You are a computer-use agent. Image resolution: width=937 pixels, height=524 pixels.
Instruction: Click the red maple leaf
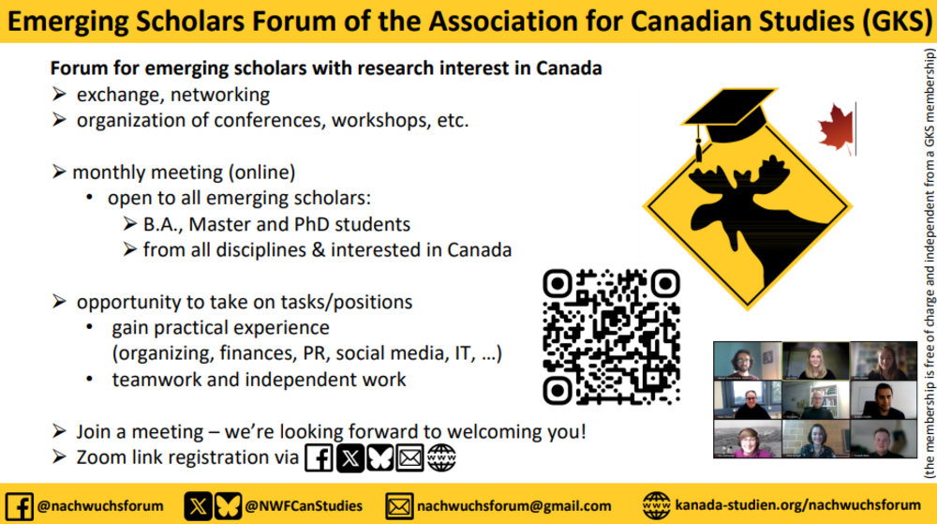coord(836,128)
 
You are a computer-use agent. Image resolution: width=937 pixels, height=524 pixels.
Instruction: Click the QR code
coord(611,337)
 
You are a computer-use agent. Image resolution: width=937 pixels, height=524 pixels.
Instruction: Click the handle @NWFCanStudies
coord(304,506)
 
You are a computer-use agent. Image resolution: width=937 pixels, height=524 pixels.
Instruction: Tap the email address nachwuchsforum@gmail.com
coord(513,506)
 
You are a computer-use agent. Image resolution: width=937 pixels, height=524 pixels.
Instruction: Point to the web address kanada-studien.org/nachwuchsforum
coord(797,505)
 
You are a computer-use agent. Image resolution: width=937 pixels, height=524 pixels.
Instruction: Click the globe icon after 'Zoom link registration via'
coord(441,458)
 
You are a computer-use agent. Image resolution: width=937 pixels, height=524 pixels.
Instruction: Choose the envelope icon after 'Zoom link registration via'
coord(410,458)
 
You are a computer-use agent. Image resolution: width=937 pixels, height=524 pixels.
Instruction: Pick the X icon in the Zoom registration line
coord(350,458)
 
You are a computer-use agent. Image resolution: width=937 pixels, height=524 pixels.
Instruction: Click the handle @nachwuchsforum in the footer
coord(100,506)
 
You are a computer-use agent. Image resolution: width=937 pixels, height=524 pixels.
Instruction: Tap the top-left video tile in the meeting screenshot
coord(747,361)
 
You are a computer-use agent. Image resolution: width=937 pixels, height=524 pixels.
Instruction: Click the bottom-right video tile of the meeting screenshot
coord(884,439)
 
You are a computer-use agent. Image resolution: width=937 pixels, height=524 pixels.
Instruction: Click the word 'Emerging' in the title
coord(67,22)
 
